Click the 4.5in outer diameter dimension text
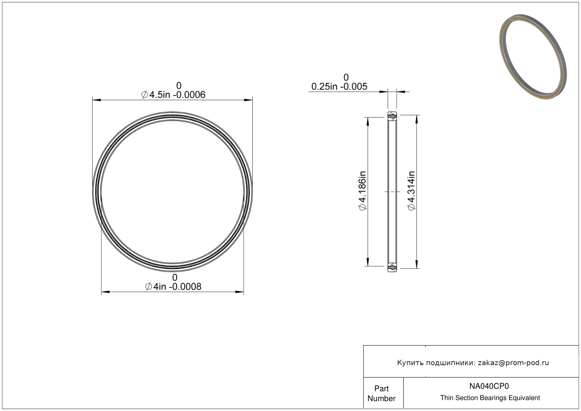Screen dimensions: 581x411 173,95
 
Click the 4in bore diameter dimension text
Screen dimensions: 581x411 173,286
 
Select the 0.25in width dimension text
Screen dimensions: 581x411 339,86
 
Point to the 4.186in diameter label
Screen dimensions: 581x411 363,191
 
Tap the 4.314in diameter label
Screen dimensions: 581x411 411,191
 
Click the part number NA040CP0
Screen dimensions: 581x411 489,386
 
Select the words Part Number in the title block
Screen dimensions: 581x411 381,393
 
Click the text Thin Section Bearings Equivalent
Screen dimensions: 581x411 490,398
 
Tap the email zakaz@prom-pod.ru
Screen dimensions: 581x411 513,363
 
